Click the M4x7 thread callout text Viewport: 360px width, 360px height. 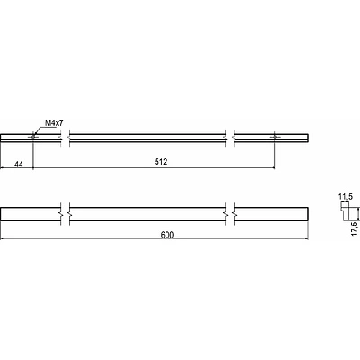click(54, 122)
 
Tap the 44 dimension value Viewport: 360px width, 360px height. click(19, 164)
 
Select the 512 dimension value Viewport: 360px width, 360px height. click(161, 162)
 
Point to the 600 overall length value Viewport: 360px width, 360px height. click(167, 235)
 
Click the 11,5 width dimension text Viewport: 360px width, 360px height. click(346, 197)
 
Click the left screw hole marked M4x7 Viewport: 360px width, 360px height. click(33, 137)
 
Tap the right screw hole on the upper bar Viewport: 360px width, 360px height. click(274, 137)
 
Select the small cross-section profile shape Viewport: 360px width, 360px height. click(348, 211)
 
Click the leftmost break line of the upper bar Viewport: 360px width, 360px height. click(61, 138)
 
